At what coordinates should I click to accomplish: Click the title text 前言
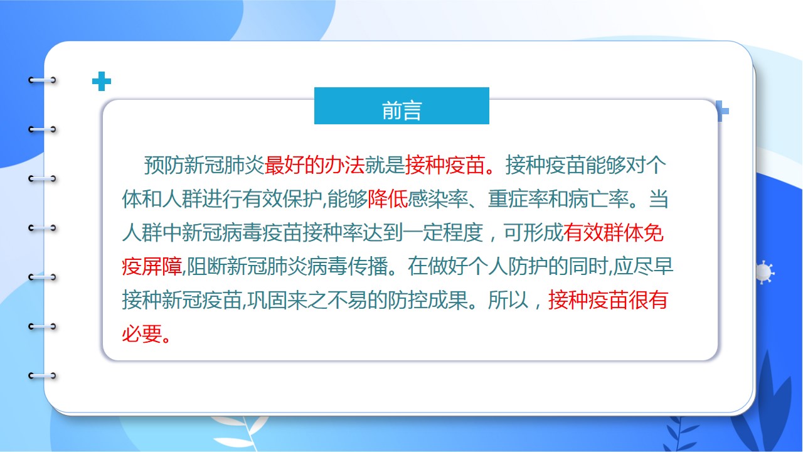point(401,110)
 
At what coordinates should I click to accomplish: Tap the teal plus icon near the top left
point(102,82)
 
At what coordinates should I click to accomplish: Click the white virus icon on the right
point(764,272)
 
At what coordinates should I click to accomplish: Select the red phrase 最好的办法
point(314,165)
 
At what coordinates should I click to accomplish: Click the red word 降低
point(388,199)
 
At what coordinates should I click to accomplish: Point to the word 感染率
point(438,199)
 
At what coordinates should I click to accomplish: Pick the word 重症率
point(518,199)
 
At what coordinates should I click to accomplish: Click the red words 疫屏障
point(152,267)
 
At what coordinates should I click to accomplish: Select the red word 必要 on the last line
point(142,334)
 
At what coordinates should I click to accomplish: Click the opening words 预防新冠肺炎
point(205,165)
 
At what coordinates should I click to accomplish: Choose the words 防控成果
point(428,300)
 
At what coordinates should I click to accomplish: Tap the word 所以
point(508,300)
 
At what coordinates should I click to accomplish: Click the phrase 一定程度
point(443,233)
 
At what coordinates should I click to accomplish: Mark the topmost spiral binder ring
point(42,80)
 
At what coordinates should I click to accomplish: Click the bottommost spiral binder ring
point(42,376)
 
